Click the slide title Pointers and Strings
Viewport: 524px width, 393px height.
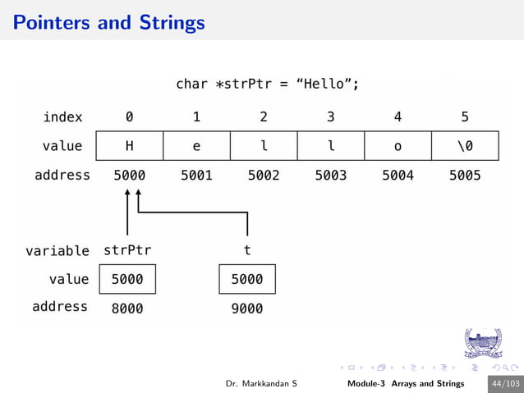coord(109,22)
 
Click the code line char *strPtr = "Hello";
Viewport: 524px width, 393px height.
coord(268,84)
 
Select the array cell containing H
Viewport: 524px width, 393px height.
coord(130,146)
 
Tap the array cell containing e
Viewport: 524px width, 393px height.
coord(196,146)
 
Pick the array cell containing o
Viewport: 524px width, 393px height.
coord(398,146)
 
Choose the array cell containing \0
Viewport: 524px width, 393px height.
coord(465,146)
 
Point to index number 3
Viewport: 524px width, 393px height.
coord(331,117)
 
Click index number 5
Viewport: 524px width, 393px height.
coord(465,117)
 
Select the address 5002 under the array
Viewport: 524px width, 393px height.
coord(264,175)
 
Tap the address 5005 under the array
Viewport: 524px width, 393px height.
coord(465,175)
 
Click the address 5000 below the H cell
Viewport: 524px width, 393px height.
coord(130,175)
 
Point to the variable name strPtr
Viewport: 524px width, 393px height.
coord(127,249)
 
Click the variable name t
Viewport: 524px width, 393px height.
coord(247,249)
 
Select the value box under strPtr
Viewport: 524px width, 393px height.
coord(127,279)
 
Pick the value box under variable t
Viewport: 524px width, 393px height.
coord(247,279)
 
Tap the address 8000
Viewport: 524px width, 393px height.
coord(126,308)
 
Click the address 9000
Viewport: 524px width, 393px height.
coord(246,308)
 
